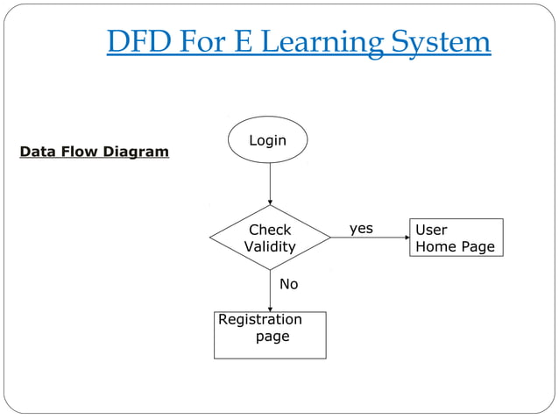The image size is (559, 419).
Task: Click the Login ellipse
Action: pos(268,140)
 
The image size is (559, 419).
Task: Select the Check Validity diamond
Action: pos(270,238)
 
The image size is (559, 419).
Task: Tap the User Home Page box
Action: pos(456,238)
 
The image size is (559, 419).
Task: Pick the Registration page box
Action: pos(270,335)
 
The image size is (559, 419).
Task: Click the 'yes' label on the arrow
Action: pos(361,229)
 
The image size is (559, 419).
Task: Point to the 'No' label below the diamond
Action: pos(288,284)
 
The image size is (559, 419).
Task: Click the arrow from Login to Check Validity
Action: pos(270,183)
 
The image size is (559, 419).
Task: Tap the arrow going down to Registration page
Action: pos(270,290)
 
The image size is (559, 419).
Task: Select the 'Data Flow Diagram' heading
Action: pos(95,152)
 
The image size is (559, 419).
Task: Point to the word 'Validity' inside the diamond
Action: pos(269,247)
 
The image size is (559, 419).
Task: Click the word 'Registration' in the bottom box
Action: pos(260,320)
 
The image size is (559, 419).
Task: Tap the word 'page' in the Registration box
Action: pos(272,337)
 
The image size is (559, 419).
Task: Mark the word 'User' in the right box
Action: pos(431,230)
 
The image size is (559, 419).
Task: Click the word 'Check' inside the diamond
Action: pos(270,230)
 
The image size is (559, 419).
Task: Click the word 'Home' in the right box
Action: pos(435,247)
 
